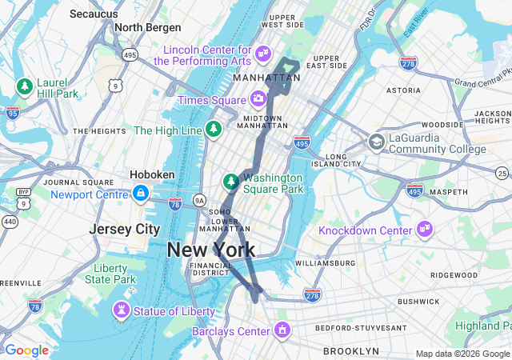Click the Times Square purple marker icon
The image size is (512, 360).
tap(258, 99)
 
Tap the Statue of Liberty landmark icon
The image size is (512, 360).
tap(122, 310)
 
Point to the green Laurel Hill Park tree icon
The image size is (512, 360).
tap(25, 86)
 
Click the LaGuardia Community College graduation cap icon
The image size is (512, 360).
tap(376, 142)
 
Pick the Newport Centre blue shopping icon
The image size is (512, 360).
tap(141, 194)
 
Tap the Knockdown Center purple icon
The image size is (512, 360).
tap(423, 230)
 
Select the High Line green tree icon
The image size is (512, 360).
tap(214, 130)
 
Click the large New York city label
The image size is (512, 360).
tap(211, 250)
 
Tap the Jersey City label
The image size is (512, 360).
tap(124, 229)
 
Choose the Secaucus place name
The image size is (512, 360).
tap(94, 14)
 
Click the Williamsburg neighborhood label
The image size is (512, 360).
tap(325, 262)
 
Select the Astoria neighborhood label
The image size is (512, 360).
tap(403, 91)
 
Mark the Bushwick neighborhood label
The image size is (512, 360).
tap(418, 302)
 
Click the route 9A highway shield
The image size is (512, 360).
tap(199, 199)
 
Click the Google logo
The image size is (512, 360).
tap(26, 350)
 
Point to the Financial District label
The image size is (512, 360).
tap(211, 269)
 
